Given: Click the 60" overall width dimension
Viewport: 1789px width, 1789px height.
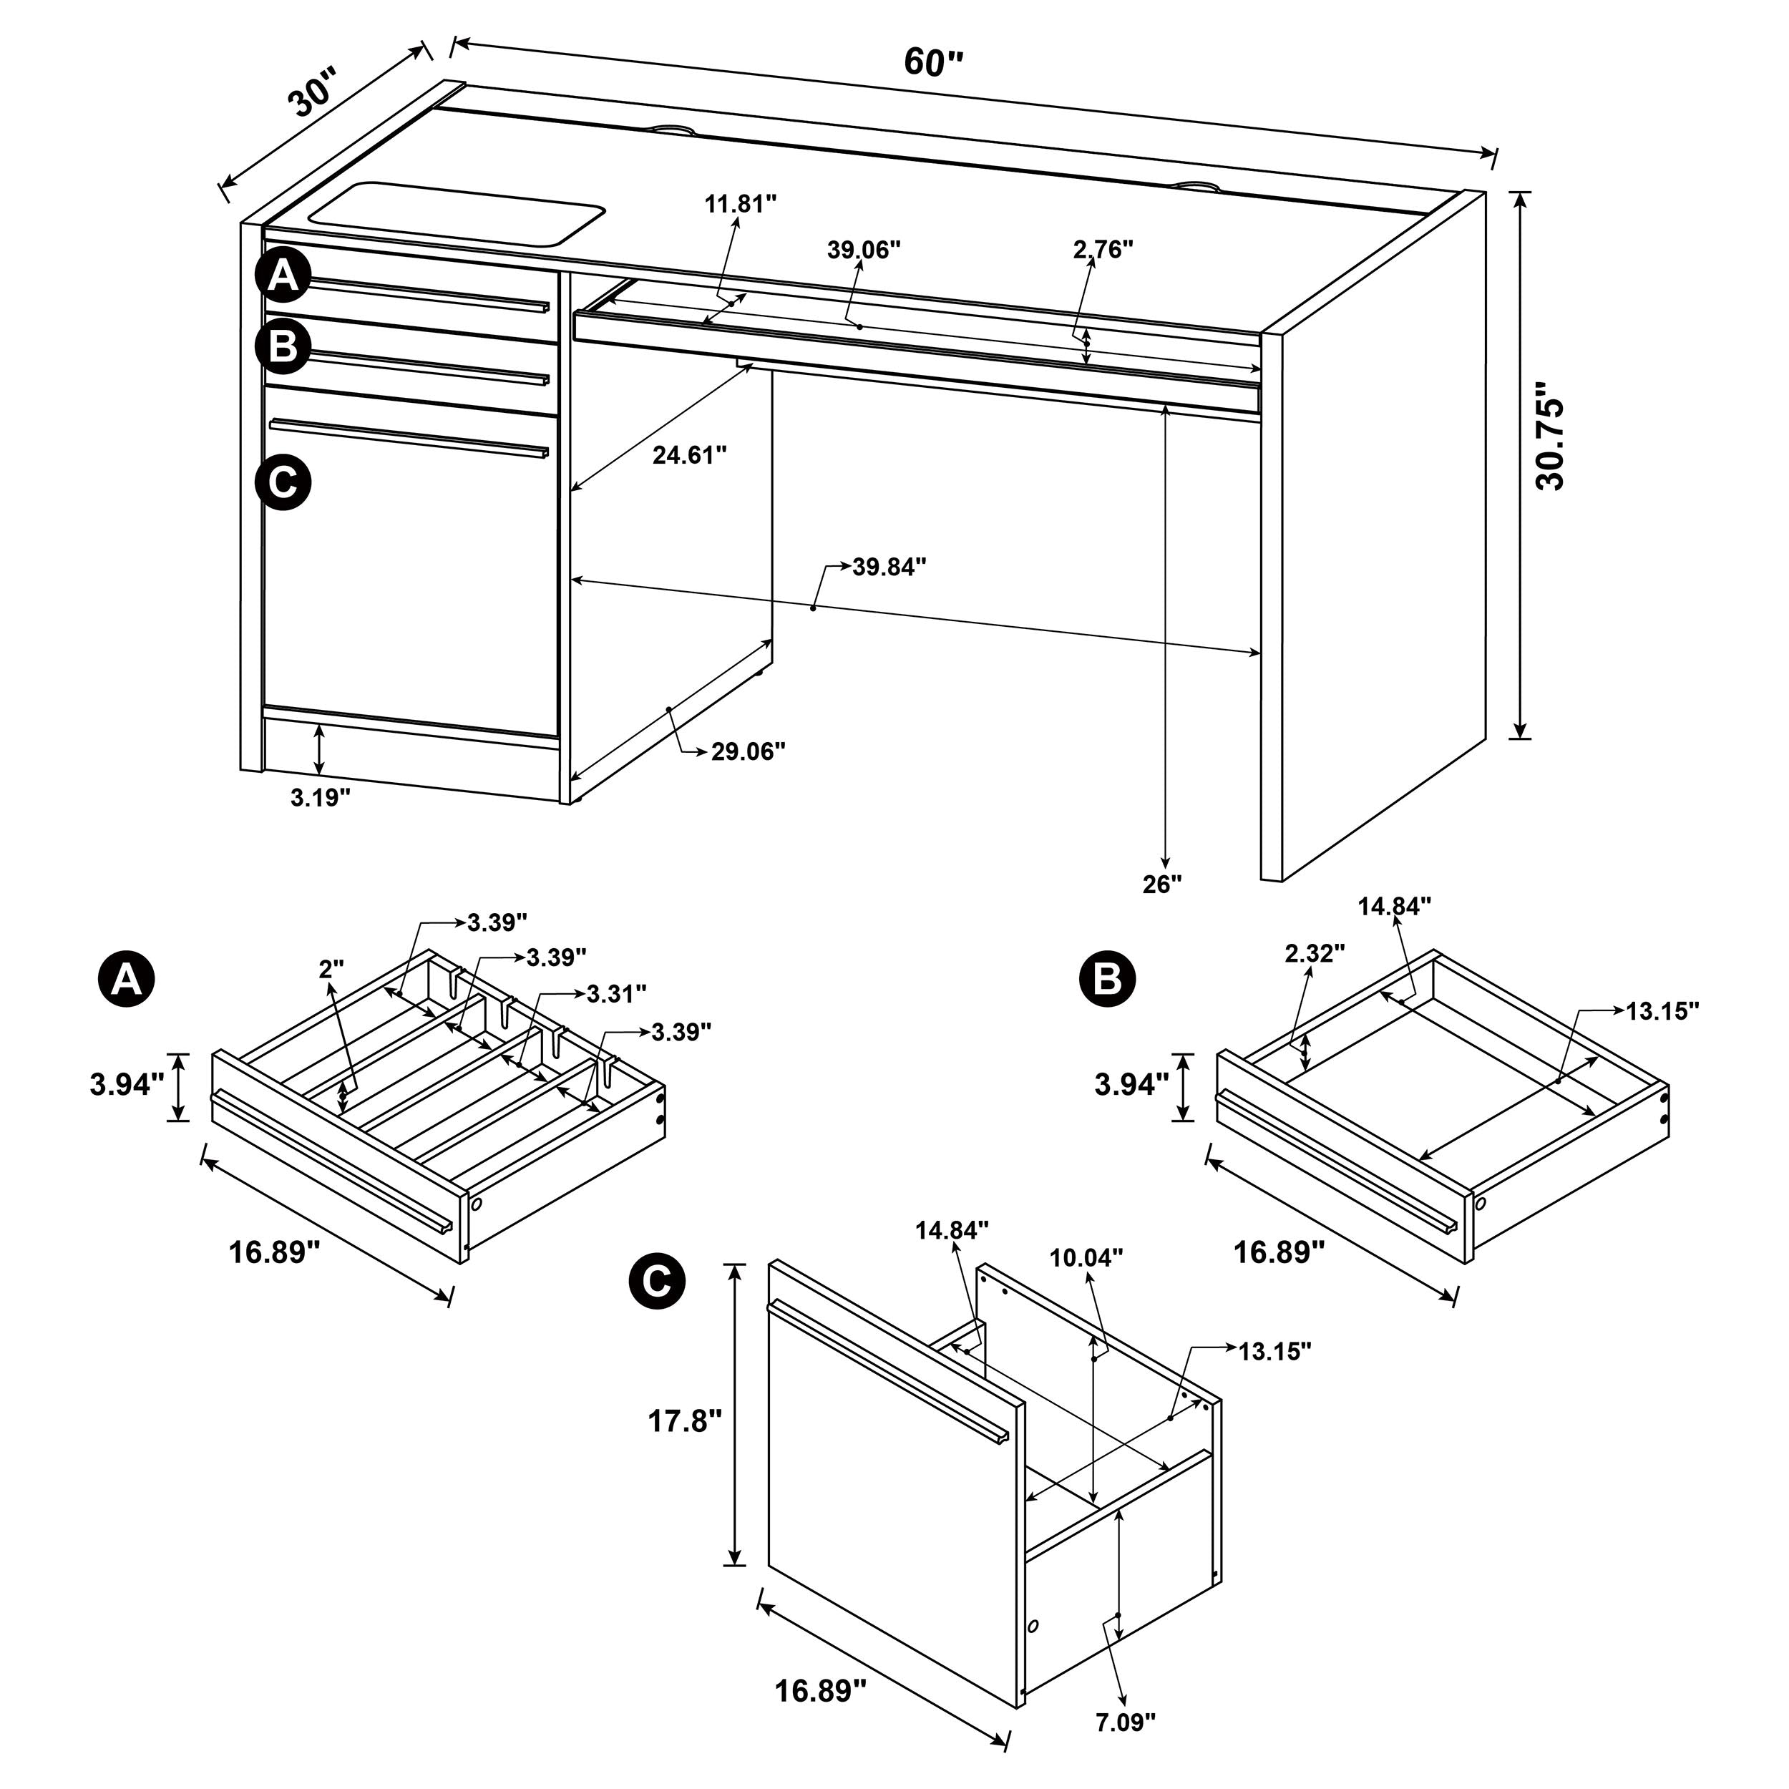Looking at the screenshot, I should pos(933,63).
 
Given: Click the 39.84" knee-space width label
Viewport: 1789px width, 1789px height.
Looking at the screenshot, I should pos(889,567).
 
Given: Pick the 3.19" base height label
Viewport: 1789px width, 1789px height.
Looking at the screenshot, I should pos(321,797).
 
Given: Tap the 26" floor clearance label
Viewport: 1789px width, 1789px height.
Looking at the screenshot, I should pos(1162,884).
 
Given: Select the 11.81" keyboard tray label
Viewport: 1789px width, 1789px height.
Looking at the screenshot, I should pos(740,204).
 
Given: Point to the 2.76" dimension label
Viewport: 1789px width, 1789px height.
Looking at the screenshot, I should pos(1103,249).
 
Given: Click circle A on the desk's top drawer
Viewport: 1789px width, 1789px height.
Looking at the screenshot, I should pos(283,275).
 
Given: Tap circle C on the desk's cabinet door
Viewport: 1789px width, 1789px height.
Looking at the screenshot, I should pos(283,482).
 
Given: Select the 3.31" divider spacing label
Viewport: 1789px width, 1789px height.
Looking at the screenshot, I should pos(616,995).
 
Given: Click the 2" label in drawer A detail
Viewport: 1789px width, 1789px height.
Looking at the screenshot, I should pos(331,970).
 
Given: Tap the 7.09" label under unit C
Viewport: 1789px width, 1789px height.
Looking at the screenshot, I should pos(1126,1722).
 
